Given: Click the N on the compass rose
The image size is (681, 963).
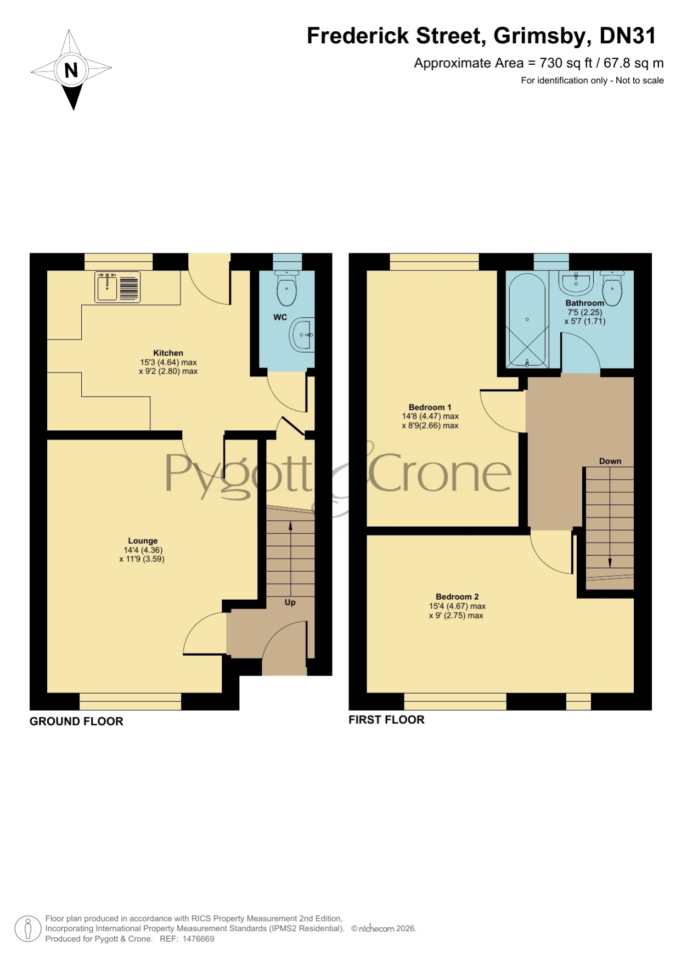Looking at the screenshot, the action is tap(71, 70).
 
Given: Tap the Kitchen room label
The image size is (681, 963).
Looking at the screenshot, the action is tap(168, 353).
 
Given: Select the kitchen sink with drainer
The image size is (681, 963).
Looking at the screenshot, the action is tap(117, 287).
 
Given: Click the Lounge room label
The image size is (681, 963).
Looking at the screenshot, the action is tap(143, 540).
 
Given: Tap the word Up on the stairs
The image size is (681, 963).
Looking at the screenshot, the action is tap(290, 602).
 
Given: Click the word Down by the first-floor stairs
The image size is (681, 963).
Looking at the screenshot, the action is tap(610, 461).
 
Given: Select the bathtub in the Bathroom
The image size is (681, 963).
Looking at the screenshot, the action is tap(527, 320).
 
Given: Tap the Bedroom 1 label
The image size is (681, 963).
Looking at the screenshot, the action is tap(430, 407).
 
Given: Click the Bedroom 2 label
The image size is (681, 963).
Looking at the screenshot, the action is tap(457, 596).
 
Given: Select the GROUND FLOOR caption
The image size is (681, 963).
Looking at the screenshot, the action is tap(76, 722).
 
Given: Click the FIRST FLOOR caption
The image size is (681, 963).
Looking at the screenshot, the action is tap(386, 720).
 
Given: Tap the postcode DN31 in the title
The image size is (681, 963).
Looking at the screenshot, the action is tap(628, 36).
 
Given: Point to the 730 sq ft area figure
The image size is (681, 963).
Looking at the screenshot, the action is tap(565, 63).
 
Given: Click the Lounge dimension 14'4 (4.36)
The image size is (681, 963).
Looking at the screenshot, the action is tap(143, 550).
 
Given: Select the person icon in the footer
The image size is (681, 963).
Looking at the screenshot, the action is tap(27, 930).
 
